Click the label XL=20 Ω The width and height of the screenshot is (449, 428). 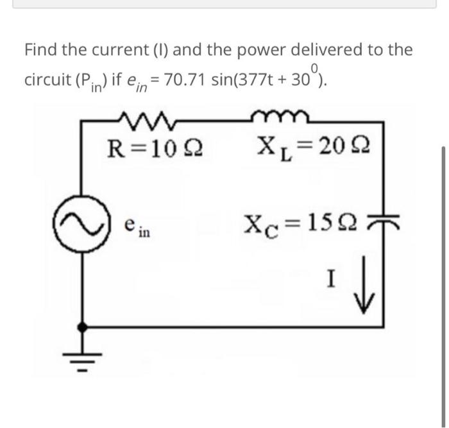pyautogui.click(x=310, y=155)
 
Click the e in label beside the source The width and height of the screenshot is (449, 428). pyautogui.click(x=133, y=227)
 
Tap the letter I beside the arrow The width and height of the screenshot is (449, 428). pyautogui.click(x=330, y=280)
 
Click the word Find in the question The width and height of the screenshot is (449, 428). pyautogui.click(x=42, y=49)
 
